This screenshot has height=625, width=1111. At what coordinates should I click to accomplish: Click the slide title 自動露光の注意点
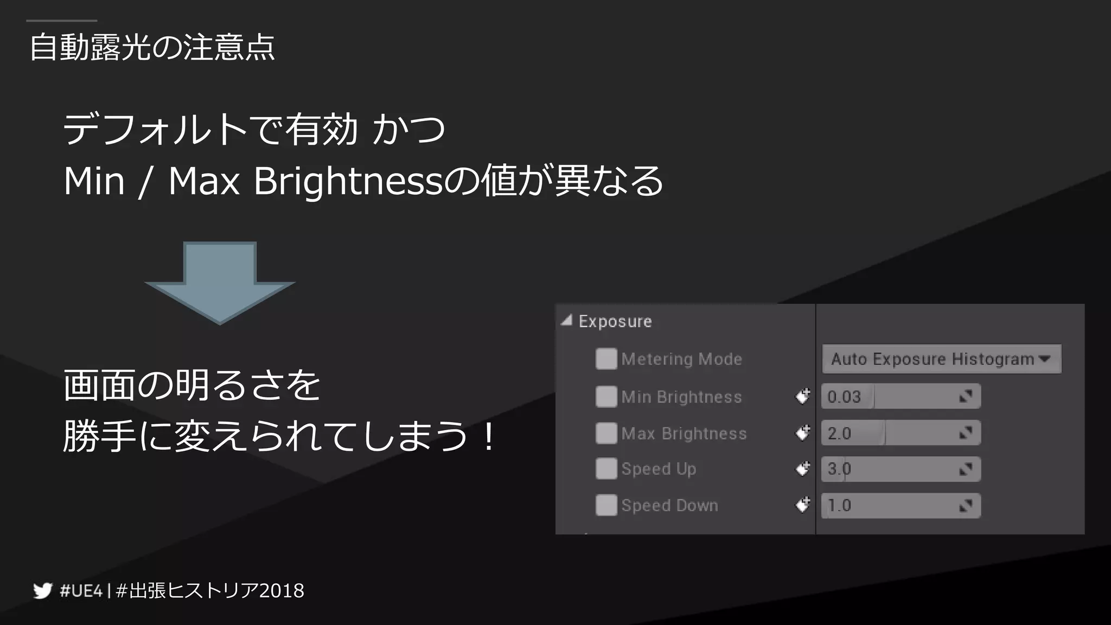coord(152,47)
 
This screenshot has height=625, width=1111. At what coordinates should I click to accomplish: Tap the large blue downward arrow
coord(220,282)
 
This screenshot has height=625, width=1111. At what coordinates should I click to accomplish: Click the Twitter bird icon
coord(42,590)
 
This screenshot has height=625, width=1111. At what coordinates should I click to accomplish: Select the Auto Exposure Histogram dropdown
coord(941,359)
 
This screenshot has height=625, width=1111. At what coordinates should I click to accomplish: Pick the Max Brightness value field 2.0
coord(900,433)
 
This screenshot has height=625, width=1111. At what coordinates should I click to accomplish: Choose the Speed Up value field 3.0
coord(900,469)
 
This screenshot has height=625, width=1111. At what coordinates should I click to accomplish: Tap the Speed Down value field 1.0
coord(900,506)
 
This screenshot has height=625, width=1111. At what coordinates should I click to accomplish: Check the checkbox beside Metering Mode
coord(606,359)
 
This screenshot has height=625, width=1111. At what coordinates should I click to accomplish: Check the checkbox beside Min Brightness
coord(606,397)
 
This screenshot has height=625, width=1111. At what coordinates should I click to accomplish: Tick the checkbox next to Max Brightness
coord(606,433)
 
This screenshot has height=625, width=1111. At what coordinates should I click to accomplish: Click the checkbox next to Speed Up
coord(606,469)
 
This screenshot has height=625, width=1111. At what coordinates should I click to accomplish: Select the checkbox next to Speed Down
coord(606,506)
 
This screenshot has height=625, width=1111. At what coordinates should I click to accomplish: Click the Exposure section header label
coord(615,321)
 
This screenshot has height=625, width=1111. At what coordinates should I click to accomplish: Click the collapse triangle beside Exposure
coord(566,321)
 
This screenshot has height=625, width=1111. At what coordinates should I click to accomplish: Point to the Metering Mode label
coord(681,359)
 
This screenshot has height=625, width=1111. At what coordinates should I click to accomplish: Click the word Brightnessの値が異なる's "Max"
coord(204,181)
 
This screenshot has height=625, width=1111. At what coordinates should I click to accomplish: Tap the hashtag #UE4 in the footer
coord(81,590)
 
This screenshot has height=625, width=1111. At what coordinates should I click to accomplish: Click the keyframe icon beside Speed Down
coord(802,506)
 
